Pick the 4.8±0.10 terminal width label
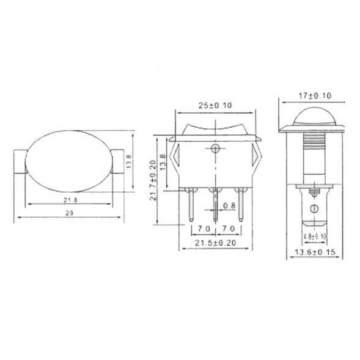pyautogui.click(x=314, y=235)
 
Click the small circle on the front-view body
pyautogui.click(x=215, y=149)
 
